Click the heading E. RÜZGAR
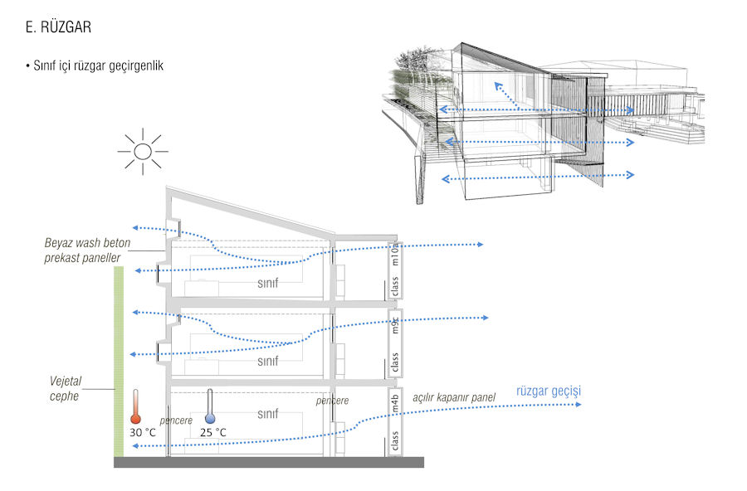pyautogui.click(x=58, y=27)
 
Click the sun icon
pyautogui.click(x=143, y=151)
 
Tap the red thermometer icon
pyautogui.click(x=136, y=409)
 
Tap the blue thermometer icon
pyautogui.click(x=210, y=408)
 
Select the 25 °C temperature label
pyautogui.click(x=212, y=432)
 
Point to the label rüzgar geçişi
pyautogui.click(x=547, y=391)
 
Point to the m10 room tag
pyautogui.click(x=396, y=253)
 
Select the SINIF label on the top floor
pyautogui.click(x=266, y=283)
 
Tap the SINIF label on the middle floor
pyautogui.click(x=267, y=362)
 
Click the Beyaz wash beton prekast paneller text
pyautogui.click(x=83, y=251)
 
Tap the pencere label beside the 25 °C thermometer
pyautogui.click(x=176, y=421)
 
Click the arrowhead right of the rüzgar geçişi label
pyautogui.click(x=579, y=404)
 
